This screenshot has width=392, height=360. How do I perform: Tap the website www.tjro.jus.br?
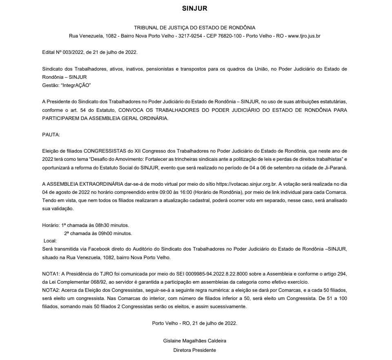304,36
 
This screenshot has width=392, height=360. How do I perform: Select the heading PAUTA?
51,134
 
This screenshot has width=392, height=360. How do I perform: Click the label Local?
50,241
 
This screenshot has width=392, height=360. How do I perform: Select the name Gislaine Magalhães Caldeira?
194,340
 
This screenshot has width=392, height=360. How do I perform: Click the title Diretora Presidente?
194,350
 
